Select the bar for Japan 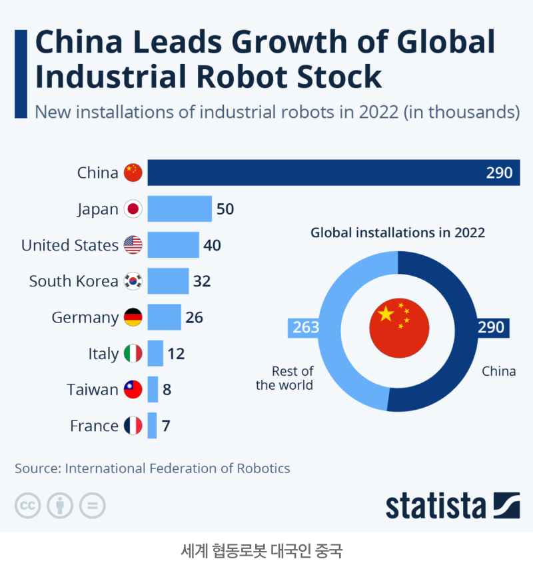[x=179, y=209]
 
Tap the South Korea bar [x=168, y=281]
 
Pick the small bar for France [x=152, y=426]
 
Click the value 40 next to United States [x=212, y=245]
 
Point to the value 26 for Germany [x=194, y=317]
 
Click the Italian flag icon [x=133, y=353]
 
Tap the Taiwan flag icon [x=133, y=390]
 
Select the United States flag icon [x=133, y=245]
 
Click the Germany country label [x=85, y=317]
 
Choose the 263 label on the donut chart [x=306, y=328]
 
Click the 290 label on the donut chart [x=491, y=328]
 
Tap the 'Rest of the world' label [x=285, y=378]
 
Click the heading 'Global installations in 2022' [x=398, y=233]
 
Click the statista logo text [x=436, y=506]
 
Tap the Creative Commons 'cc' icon [x=28, y=506]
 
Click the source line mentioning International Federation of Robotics [x=153, y=468]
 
